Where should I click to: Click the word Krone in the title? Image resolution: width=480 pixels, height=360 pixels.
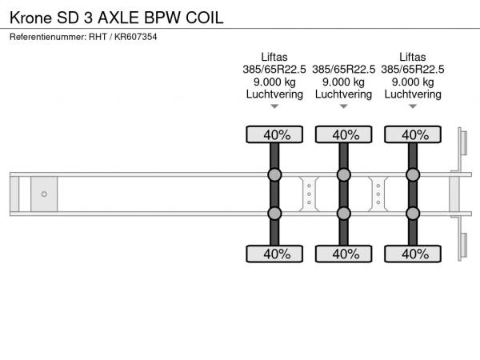31,18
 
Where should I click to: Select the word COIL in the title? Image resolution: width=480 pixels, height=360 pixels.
205,18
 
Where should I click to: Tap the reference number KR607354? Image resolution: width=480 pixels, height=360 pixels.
136,37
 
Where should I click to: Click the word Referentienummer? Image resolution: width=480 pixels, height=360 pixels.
48,37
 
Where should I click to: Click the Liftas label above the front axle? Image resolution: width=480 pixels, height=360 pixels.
274,57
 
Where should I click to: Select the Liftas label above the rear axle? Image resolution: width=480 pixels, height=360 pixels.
412,57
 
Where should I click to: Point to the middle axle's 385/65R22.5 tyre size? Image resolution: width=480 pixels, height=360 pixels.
343,70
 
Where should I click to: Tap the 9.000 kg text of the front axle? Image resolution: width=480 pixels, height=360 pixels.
274,82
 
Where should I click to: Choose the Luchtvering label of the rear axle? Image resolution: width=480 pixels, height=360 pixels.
413,94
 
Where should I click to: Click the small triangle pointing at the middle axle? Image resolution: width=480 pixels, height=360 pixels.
343,106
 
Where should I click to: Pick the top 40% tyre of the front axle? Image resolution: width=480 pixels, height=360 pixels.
274,134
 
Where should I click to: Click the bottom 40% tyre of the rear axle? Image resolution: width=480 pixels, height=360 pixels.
413,254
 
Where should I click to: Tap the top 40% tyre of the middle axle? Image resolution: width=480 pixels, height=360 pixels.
343,134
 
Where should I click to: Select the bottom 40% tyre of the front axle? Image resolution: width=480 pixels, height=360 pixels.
274,254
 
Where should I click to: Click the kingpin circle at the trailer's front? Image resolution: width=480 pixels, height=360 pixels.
44,194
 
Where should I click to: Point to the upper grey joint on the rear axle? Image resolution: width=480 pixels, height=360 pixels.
413,174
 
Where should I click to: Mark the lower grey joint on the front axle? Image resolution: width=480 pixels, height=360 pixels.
274,214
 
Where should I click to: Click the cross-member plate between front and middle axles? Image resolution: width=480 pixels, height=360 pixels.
309,194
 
